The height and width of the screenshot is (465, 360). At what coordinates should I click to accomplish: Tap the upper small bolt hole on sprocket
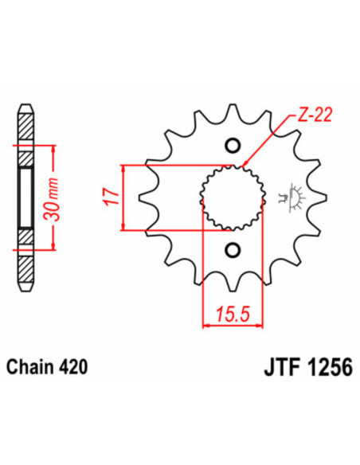233,146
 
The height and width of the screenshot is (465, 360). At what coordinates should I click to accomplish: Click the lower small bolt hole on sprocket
233,252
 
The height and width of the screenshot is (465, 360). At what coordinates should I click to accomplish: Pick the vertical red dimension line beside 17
123,197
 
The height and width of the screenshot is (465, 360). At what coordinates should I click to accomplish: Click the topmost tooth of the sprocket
233,111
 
